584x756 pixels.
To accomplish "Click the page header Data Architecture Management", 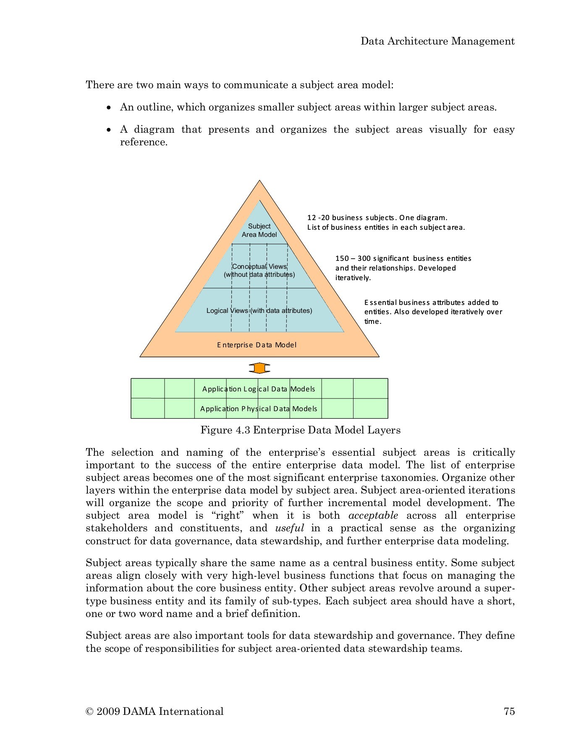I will (437, 41).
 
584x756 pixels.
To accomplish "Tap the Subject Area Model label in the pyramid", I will (259, 231).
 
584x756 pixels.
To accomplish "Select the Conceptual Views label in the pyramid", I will (259, 270).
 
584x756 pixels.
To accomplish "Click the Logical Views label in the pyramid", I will (259, 311).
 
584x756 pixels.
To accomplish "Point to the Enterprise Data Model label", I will (257, 345).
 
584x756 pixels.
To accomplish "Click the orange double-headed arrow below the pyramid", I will (259, 368).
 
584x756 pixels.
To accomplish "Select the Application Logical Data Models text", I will (259, 389).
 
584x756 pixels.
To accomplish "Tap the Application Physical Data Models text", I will (259, 409).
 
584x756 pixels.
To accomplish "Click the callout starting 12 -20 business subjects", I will (386, 223).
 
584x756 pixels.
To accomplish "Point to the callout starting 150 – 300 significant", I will (403, 268).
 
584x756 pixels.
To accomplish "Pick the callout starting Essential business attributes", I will (433, 312).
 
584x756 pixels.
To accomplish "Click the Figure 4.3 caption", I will (300, 430).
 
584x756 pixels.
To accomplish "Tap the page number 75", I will (509, 711).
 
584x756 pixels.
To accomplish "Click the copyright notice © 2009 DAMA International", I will (155, 711).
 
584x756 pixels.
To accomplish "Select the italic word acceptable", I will (373, 516).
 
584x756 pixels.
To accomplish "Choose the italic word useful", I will (289, 528).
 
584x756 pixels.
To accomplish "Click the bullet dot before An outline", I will (109, 108).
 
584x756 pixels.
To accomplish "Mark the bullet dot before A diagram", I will (109, 130).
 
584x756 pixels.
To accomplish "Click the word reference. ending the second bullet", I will (144, 142).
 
